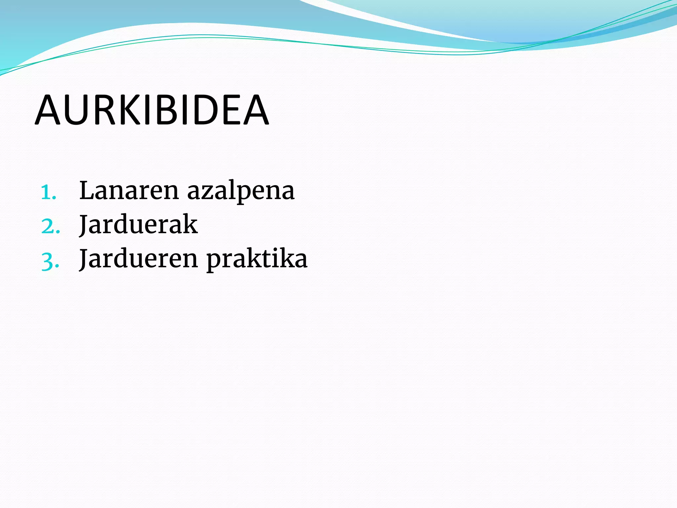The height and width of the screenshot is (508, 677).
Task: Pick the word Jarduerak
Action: [x=139, y=225]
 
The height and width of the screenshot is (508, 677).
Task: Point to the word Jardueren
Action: [x=139, y=259]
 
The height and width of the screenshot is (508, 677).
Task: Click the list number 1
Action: [x=48, y=192]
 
